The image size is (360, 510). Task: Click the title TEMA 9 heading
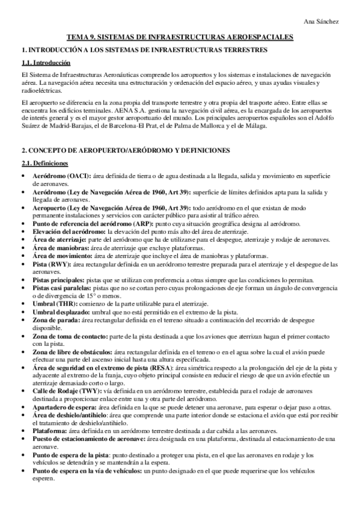tap(180, 37)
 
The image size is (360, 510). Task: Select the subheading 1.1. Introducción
tap(46, 63)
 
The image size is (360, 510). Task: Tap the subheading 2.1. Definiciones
tap(45, 164)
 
